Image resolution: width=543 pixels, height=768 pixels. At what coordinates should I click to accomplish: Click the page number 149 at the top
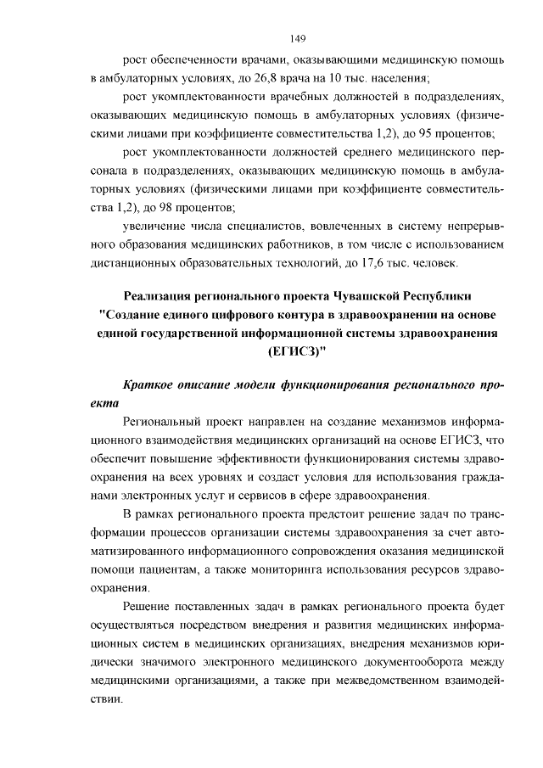(297, 38)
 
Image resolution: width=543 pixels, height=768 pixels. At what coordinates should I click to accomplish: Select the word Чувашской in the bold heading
(344, 296)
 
